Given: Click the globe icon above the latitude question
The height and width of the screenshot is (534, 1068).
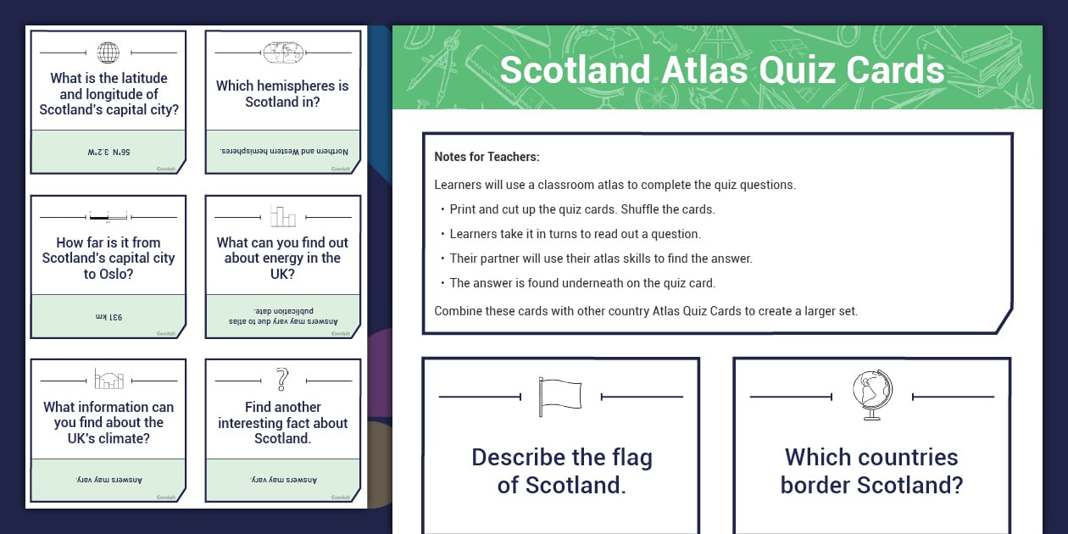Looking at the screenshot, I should (108, 53).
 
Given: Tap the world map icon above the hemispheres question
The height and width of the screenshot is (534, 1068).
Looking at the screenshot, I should (283, 53).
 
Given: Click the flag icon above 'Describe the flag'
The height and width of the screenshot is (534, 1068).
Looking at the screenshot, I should (560, 396).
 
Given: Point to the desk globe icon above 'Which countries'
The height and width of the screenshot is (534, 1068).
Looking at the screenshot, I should (872, 395).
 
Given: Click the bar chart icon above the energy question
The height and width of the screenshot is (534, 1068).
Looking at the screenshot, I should (283, 216).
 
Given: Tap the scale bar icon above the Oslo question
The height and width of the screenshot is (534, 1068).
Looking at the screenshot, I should (108, 217).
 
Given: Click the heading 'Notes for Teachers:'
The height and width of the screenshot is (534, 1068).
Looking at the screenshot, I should (487, 157).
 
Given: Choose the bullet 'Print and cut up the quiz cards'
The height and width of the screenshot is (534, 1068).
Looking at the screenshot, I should (582, 209).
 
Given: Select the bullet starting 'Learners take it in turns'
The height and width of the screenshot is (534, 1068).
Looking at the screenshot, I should (575, 234).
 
